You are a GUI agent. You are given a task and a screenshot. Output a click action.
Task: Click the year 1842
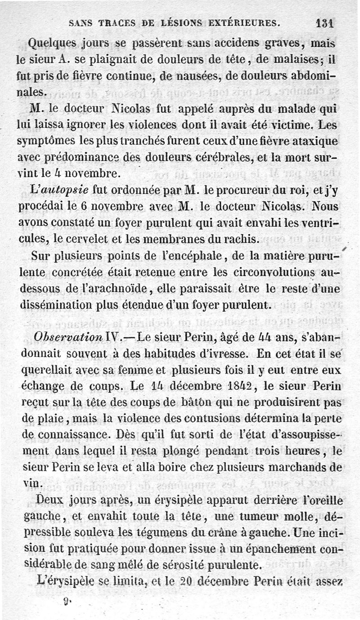tap(234, 386)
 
